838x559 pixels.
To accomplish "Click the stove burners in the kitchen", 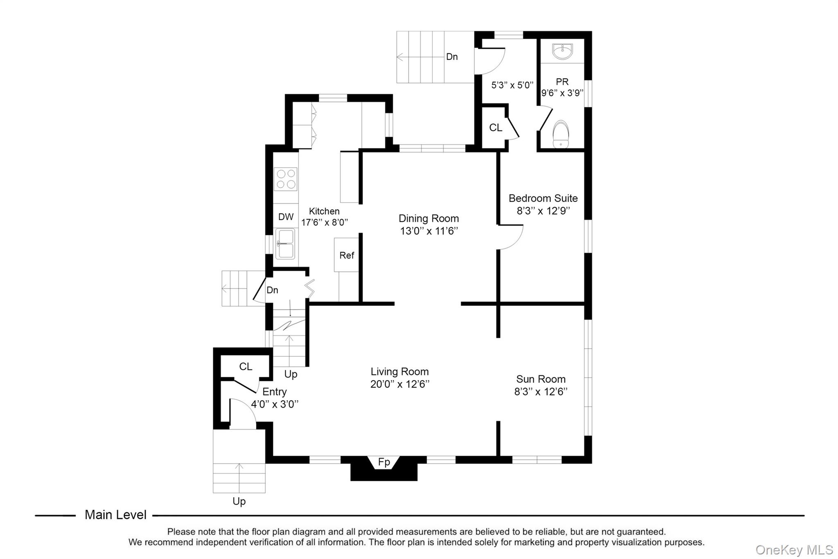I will (x=286, y=179).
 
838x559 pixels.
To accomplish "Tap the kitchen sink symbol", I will (x=285, y=244).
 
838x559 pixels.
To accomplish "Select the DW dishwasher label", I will (x=286, y=217).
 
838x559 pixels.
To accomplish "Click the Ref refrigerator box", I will (x=347, y=255).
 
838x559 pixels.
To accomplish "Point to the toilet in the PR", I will (x=561, y=134).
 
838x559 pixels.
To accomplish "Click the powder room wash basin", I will (x=563, y=52).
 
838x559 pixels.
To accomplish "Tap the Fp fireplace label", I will (x=384, y=462).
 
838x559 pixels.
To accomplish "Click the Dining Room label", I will (x=428, y=218).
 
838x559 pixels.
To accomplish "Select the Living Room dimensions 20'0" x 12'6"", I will (x=399, y=385).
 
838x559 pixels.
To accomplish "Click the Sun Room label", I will (x=541, y=379).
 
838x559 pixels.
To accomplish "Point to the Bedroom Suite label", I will (x=543, y=198).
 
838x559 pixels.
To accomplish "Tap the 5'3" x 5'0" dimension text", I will (x=512, y=85).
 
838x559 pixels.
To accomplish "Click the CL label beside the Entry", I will (x=246, y=367).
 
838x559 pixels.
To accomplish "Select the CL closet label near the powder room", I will (x=496, y=128).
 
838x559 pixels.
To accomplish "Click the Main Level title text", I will (x=115, y=515).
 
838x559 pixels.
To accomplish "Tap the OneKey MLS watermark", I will (x=794, y=550).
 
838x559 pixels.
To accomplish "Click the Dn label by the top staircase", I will (x=452, y=57).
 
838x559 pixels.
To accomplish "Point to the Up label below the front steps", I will (x=239, y=501).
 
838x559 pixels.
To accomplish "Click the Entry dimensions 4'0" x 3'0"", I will (x=275, y=405).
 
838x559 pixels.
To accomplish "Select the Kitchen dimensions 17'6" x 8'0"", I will (x=324, y=222).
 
